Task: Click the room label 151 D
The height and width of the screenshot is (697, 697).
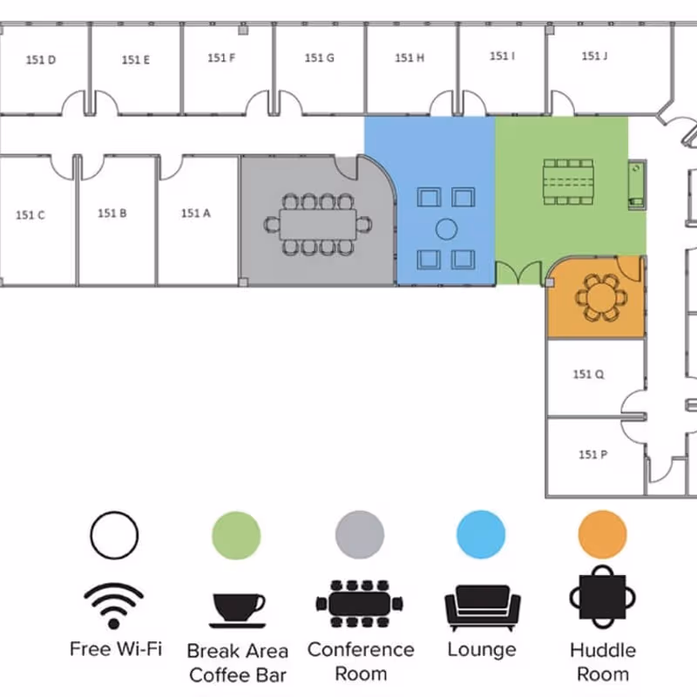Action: [x=41, y=60]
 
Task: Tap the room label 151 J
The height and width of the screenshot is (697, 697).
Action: [x=594, y=57]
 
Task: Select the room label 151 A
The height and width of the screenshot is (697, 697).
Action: [x=196, y=213]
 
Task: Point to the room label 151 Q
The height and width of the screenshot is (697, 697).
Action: [x=588, y=375]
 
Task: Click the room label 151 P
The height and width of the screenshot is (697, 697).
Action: [x=592, y=454]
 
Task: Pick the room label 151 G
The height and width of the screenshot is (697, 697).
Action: [x=320, y=58]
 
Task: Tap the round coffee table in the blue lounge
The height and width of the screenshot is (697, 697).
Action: [x=446, y=229]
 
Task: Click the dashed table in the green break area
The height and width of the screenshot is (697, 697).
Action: [x=568, y=181]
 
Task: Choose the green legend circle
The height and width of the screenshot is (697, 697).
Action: [x=237, y=533]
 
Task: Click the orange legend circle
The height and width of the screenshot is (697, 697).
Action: [x=603, y=533]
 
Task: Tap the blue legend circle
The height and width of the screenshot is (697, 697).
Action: [x=481, y=533]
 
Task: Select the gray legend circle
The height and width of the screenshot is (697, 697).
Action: [x=360, y=533]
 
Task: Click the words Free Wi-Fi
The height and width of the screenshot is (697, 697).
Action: [x=115, y=649]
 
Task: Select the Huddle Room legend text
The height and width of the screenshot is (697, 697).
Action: [x=603, y=661]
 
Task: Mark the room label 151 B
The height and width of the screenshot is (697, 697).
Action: [x=112, y=213]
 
